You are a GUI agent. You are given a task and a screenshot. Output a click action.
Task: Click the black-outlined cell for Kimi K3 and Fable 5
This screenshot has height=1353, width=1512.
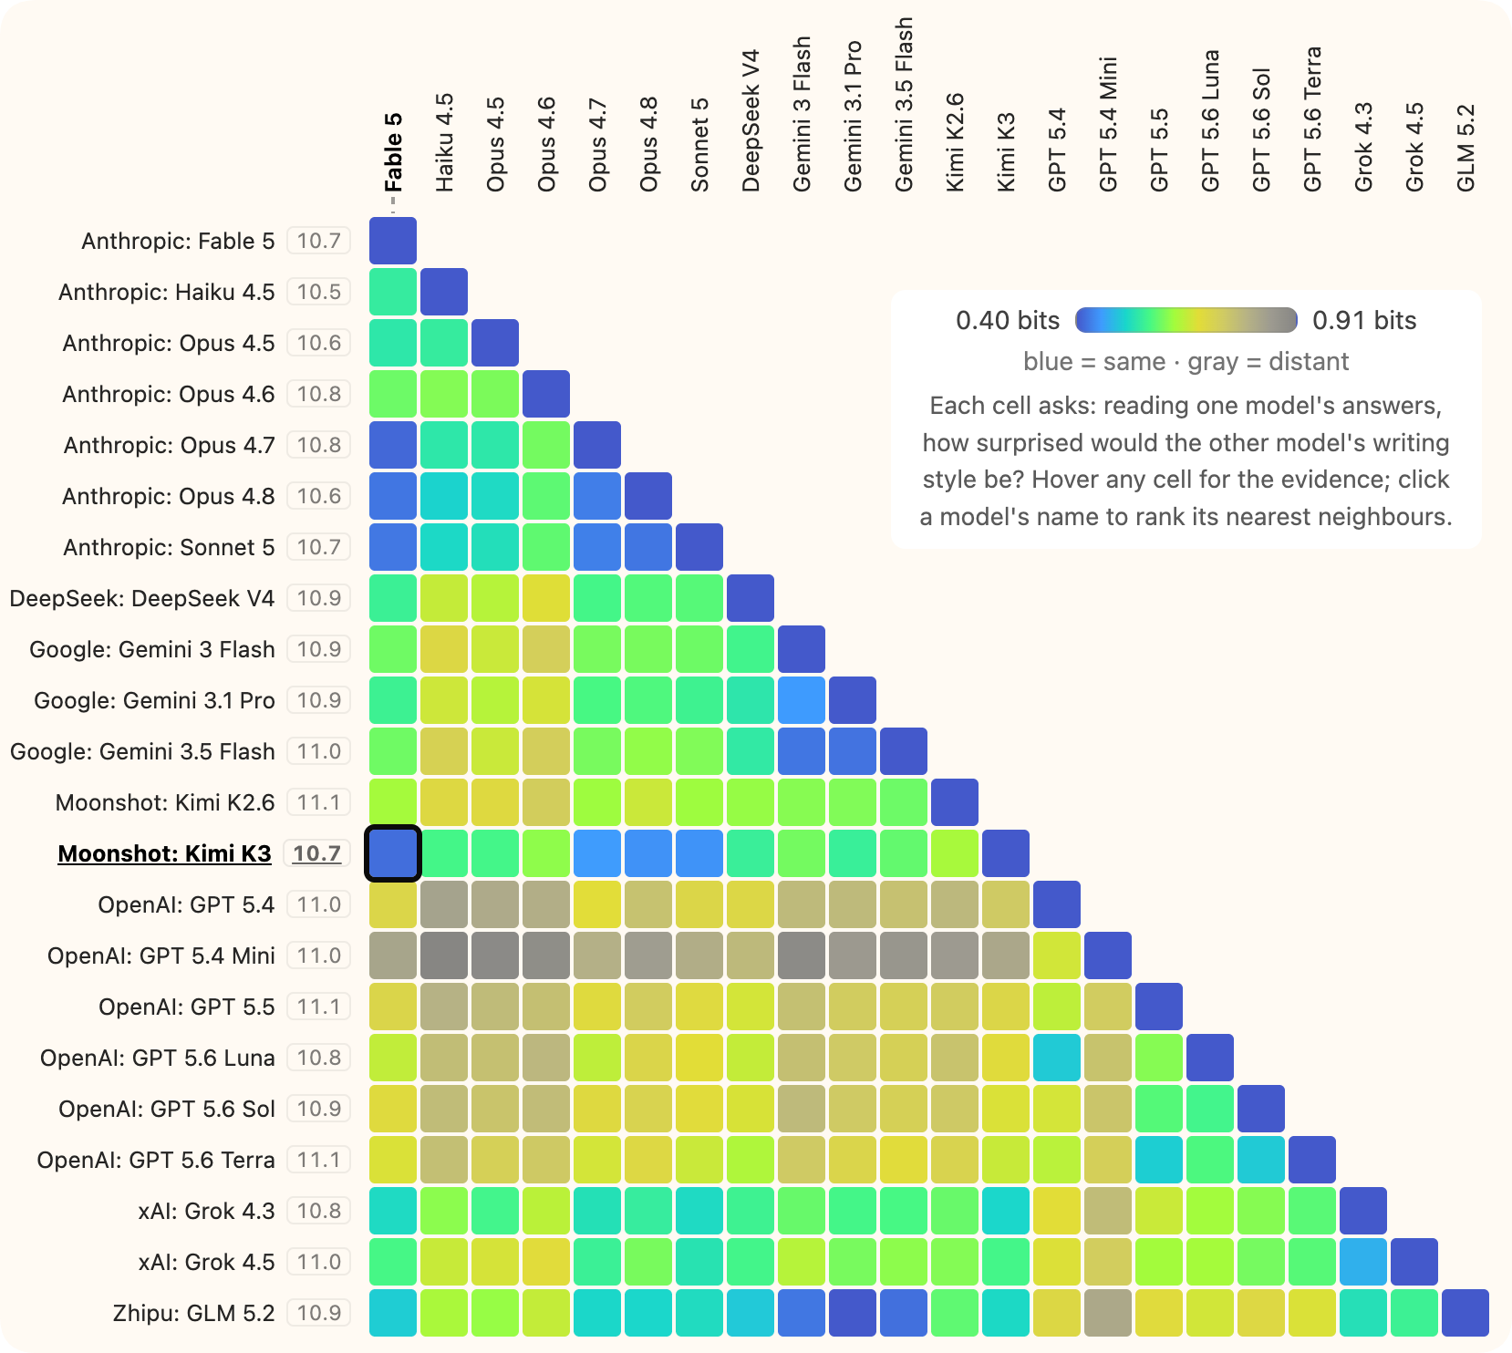(x=393, y=853)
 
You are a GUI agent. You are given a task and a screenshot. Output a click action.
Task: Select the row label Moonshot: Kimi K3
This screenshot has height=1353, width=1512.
(x=164, y=853)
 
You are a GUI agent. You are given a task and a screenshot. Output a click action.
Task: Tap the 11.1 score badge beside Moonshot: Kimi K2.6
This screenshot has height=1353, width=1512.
(x=318, y=802)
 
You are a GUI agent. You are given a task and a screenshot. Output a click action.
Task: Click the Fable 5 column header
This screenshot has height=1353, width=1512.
(x=393, y=152)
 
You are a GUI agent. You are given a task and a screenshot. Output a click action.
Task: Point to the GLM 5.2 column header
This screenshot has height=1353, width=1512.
(x=1465, y=148)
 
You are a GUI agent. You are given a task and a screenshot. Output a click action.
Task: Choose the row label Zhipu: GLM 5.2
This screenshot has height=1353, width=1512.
(x=193, y=1313)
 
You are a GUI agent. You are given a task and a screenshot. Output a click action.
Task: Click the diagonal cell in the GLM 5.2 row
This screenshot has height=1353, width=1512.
(x=1465, y=1313)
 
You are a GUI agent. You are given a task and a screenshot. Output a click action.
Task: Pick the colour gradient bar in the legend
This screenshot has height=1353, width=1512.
(x=1186, y=320)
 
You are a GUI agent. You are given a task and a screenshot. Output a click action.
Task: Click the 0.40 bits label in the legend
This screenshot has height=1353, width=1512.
(x=1008, y=320)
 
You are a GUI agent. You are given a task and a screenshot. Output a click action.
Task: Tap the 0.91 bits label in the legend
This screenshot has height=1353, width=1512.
(x=1364, y=320)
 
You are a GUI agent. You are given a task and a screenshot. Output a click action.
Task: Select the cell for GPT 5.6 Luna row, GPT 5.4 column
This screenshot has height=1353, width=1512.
(x=1057, y=1058)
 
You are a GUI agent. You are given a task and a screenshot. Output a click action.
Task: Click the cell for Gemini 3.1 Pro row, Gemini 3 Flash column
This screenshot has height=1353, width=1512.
(x=802, y=700)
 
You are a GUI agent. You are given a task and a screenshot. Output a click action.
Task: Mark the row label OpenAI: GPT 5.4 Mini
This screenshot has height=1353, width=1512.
(x=161, y=955)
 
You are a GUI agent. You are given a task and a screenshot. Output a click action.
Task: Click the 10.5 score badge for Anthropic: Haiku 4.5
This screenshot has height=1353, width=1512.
(x=318, y=292)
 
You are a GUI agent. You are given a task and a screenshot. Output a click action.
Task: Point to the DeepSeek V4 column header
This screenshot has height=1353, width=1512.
(x=751, y=120)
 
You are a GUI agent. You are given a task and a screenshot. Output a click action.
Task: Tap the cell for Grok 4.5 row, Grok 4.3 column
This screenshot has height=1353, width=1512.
(x=1363, y=1262)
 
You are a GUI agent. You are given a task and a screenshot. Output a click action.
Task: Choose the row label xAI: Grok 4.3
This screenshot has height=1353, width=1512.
(x=206, y=1211)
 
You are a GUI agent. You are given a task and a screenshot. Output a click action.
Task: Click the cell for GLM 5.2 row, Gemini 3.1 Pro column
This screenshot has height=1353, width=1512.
(x=853, y=1313)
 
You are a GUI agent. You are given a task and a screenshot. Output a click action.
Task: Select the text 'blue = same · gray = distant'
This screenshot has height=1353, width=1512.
(x=1186, y=362)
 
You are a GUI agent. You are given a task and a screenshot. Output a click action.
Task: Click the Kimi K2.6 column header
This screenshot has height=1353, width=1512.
(x=955, y=142)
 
